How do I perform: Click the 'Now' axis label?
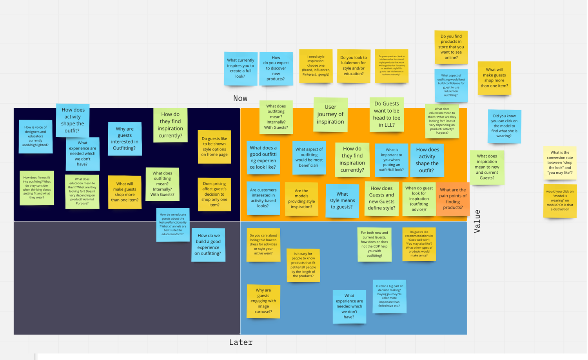pos(240,98)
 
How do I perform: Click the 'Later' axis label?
pos(241,342)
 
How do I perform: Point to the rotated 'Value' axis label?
pos(477,221)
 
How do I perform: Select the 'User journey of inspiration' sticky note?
pos(330,114)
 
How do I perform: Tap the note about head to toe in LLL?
pos(387,114)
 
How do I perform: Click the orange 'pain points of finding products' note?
pos(453,199)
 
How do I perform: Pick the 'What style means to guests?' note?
pos(342,200)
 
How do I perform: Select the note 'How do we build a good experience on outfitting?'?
pos(208,245)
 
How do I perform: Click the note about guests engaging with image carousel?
pos(263,301)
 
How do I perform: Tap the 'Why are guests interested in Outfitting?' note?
pos(125,138)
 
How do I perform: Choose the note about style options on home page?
pos(214,147)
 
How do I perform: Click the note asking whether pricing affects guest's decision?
pos(214,194)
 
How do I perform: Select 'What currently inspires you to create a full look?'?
pos(240,68)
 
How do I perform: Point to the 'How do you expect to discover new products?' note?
pos(276,68)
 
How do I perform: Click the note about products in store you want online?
pos(451,47)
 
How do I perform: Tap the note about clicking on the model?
pos(504,126)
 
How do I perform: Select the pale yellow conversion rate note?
pos(559,163)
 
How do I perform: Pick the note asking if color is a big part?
pos(389,296)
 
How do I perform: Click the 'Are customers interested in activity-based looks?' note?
pos(263,198)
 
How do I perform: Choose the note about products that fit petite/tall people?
pos(303,265)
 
